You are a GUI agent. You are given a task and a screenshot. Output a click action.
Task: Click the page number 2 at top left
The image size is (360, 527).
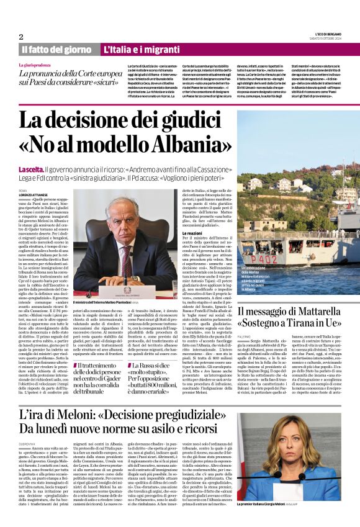(x=20, y=37)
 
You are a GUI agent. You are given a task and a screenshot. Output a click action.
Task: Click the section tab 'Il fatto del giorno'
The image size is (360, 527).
(x=57, y=49)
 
